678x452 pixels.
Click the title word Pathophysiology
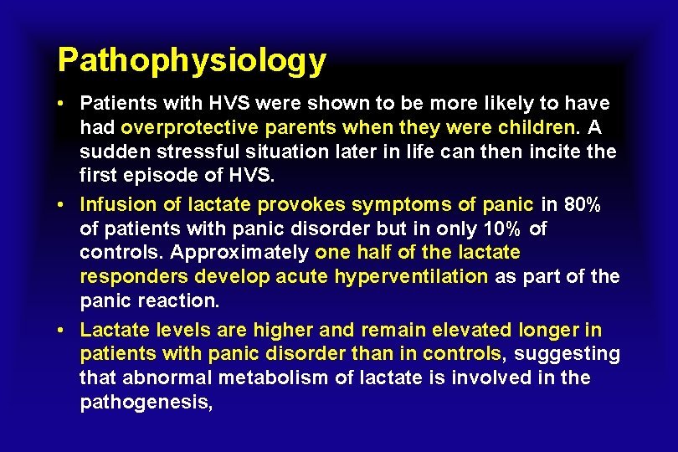coord(192,60)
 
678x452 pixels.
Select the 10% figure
coord(502,229)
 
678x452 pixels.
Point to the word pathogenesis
coord(146,402)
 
